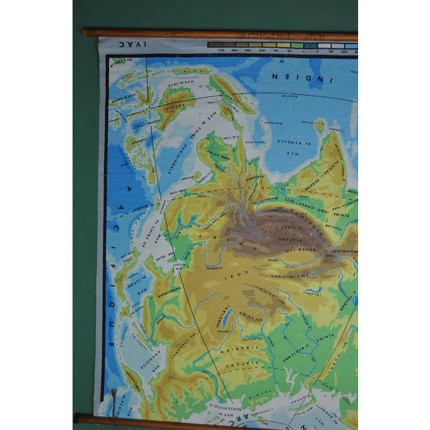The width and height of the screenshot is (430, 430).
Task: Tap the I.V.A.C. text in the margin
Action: click(x=120, y=45)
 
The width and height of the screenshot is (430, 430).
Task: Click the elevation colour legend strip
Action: click(x=282, y=46)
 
